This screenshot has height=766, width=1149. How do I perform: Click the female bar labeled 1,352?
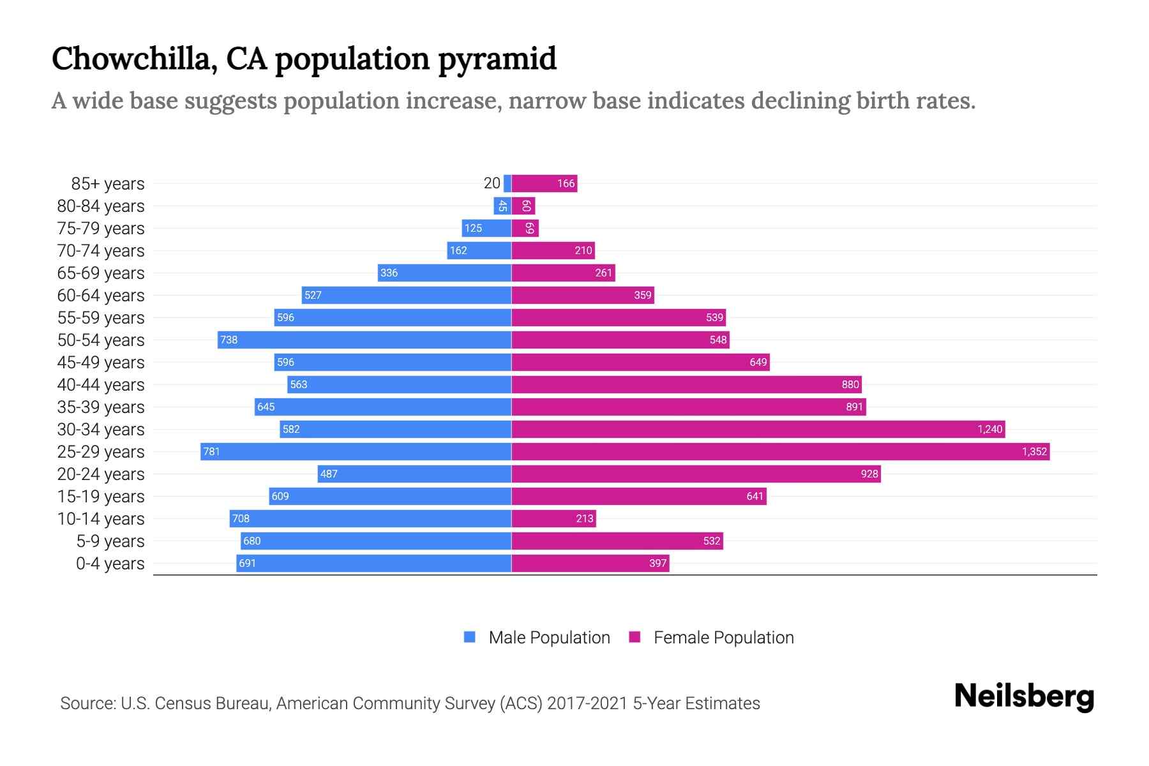click(x=780, y=452)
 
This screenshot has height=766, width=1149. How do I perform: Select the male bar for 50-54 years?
click(x=364, y=340)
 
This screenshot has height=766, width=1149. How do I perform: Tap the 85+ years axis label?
click(x=108, y=184)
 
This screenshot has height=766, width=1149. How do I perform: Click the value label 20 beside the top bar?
click(x=492, y=184)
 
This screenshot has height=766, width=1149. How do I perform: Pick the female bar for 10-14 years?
click(x=553, y=519)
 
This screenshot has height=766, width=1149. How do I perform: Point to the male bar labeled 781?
click(x=356, y=452)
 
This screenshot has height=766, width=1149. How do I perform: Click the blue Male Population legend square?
click(x=470, y=637)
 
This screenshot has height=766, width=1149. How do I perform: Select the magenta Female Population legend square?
click(x=635, y=637)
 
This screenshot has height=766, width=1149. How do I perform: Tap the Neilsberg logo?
click(x=1024, y=696)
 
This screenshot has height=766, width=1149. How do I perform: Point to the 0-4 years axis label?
click(x=110, y=564)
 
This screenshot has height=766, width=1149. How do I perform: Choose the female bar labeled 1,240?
click(x=758, y=430)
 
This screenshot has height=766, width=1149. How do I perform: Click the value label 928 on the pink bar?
click(x=869, y=474)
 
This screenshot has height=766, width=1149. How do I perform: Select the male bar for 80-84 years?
click(x=502, y=206)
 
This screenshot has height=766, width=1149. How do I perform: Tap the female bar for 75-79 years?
click(x=525, y=229)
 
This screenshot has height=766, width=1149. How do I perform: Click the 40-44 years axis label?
click(x=101, y=385)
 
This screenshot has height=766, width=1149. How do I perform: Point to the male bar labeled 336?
click(x=444, y=273)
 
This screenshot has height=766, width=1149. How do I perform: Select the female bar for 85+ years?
click(x=544, y=184)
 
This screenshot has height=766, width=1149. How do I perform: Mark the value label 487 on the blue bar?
click(x=329, y=474)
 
